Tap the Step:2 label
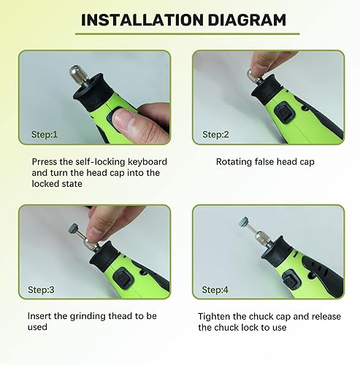pos(216,134)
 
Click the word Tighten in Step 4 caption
pos(215,316)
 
